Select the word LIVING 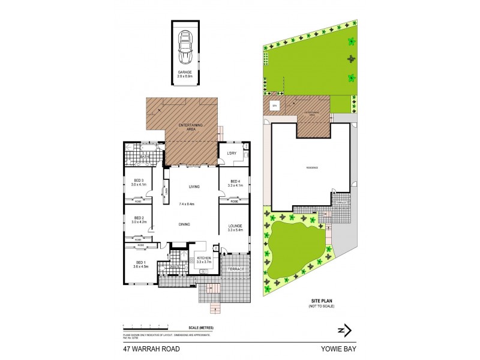[194, 187]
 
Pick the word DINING [184, 224]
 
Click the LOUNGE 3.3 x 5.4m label [235, 228]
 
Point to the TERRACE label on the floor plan [236, 269]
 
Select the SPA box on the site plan [275, 106]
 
